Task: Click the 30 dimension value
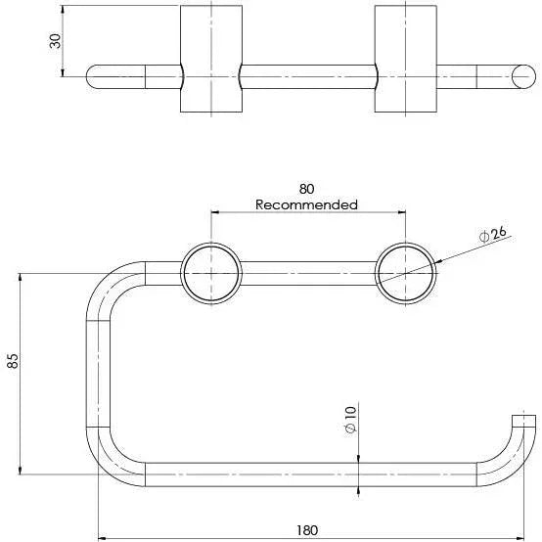(56, 41)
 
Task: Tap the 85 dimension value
(13, 361)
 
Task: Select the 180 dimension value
(307, 530)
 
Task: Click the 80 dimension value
(306, 189)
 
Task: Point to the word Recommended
(306, 204)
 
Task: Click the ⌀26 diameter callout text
(492, 235)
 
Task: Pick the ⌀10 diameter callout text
(350, 420)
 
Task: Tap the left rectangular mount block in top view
(211, 59)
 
